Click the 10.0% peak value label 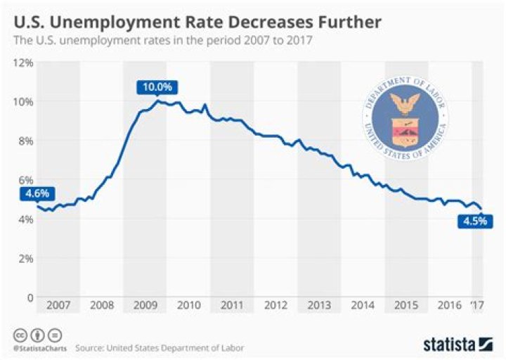point(157,88)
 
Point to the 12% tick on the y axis point(23,62)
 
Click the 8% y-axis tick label point(25,141)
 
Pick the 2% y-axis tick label point(25,259)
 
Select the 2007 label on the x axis point(58,306)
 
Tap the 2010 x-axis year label point(189,306)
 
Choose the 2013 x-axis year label point(319,306)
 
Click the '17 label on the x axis point(477,306)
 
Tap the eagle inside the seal point(403,104)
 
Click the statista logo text point(450,344)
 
